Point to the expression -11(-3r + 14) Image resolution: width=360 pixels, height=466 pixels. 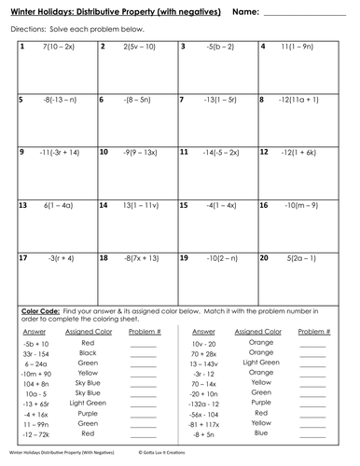[x=59, y=149]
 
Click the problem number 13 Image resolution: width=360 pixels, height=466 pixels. [x=22, y=201]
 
